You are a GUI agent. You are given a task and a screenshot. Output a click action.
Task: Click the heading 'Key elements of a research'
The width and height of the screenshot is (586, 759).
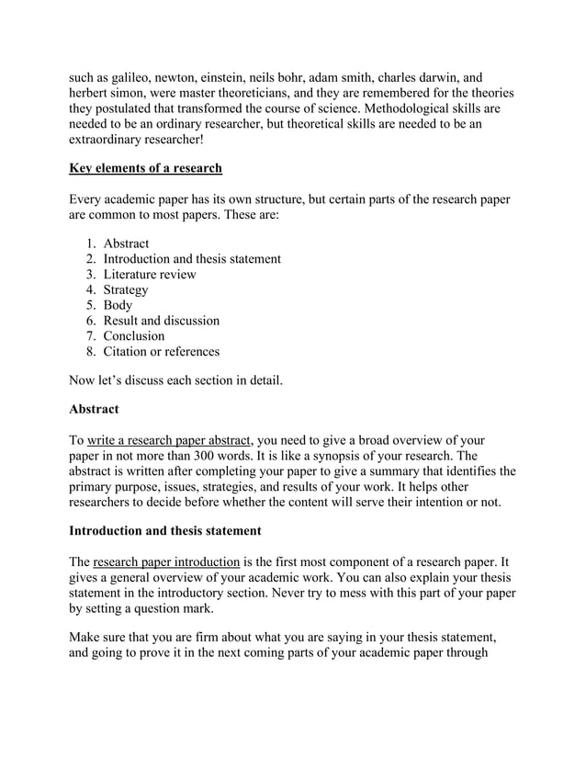pos(146,169)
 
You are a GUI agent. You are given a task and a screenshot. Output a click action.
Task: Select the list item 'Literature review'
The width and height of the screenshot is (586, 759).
pos(149,274)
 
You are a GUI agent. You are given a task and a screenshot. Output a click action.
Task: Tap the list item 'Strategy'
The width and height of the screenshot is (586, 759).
pos(126,289)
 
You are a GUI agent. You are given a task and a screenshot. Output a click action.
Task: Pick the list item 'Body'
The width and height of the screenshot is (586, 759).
pos(118,305)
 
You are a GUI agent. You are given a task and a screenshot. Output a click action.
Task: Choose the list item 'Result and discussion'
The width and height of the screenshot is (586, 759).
pos(161,321)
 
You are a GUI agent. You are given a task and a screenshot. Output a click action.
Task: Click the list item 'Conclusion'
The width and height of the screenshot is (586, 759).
pos(134,335)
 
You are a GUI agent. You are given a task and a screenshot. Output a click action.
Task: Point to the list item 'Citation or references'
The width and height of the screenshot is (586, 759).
pos(161,351)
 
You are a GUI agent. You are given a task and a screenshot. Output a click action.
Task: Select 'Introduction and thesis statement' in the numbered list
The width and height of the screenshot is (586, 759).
pos(192,259)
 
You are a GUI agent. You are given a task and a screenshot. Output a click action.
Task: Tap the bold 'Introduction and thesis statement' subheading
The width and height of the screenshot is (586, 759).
pos(165,530)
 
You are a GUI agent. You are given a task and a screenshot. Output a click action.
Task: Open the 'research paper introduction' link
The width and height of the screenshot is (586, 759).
pos(166,561)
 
